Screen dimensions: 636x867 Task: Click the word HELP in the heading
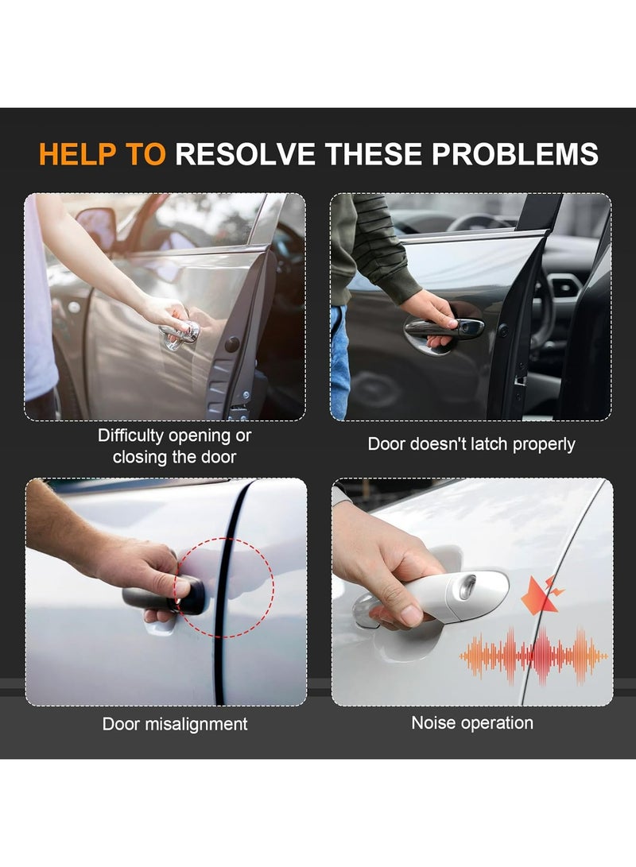(77, 154)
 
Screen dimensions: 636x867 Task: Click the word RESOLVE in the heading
(245, 154)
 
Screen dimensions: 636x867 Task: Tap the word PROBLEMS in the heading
(515, 154)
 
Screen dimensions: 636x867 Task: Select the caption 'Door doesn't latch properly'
(471, 444)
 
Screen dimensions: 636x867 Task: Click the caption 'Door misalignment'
(175, 724)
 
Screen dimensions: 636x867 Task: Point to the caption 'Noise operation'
(472, 722)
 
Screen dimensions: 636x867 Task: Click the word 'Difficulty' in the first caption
(131, 435)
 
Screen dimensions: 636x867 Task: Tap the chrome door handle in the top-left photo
(180, 335)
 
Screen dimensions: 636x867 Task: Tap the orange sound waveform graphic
(533, 656)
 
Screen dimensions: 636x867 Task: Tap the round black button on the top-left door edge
(232, 344)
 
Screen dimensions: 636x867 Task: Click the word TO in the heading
(146, 154)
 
